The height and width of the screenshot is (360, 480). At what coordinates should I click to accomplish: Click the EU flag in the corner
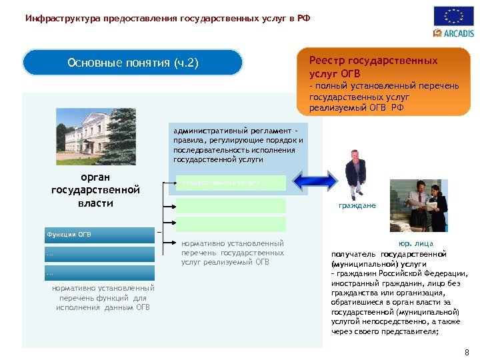coord(453,16)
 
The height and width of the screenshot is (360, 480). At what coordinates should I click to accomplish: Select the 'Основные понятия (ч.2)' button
coord(133,63)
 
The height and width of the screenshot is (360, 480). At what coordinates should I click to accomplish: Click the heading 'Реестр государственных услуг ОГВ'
coord(373,67)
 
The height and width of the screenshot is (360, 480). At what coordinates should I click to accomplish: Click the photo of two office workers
coord(420,204)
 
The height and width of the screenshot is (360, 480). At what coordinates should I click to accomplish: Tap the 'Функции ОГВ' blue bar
coord(99,235)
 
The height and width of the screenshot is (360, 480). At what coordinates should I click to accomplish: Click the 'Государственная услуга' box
coord(230,182)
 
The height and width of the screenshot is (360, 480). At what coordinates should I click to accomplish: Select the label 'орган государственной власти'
coord(95,190)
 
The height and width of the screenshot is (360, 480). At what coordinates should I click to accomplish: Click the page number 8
coord(466,352)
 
